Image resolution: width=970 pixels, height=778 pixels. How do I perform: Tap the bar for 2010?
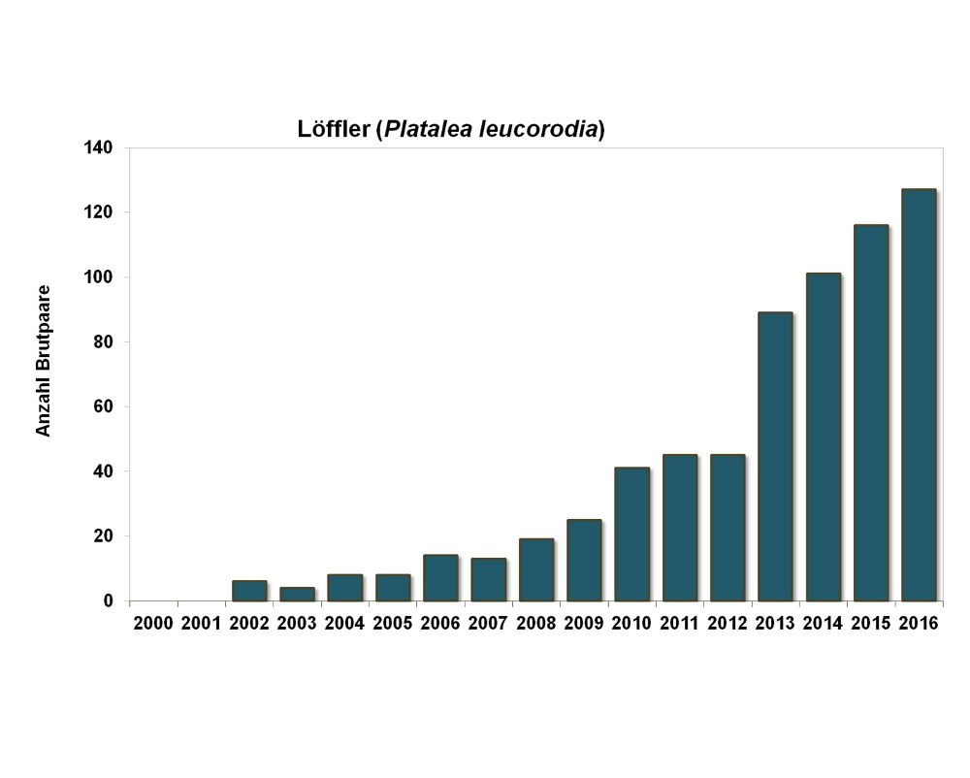(x=632, y=535)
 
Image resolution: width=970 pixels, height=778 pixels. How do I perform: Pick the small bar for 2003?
(x=297, y=594)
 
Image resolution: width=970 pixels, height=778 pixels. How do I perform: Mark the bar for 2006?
(x=441, y=578)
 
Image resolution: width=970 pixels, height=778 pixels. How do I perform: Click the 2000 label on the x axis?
(x=153, y=624)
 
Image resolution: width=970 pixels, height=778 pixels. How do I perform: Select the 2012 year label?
(x=727, y=624)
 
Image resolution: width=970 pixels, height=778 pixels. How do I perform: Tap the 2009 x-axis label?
(x=584, y=624)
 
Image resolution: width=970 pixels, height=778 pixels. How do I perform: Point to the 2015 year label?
(x=871, y=624)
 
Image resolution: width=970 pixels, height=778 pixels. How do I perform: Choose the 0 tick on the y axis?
(x=110, y=601)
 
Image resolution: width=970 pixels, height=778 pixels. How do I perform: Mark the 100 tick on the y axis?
(x=101, y=277)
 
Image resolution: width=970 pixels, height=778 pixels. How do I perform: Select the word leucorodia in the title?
(x=537, y=130)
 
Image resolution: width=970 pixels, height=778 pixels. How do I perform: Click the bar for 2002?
(x=249, y=591)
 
